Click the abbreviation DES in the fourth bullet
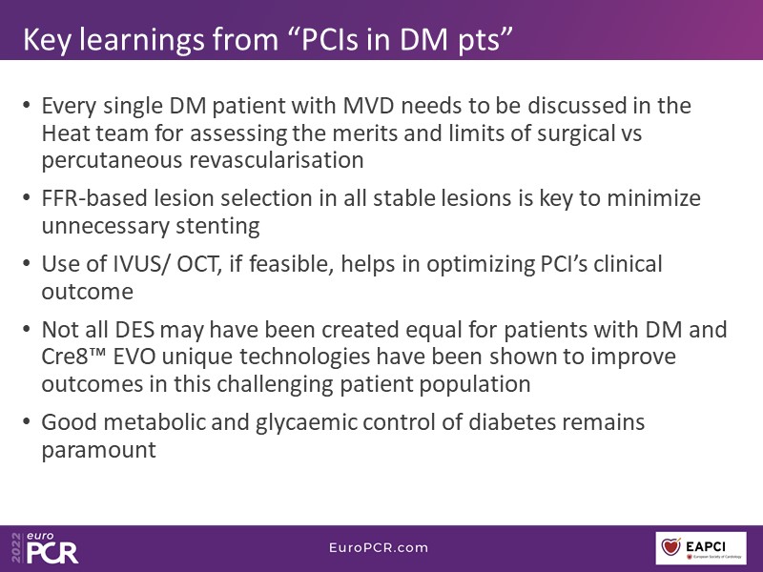134,330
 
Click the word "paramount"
99,450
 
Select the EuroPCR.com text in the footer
379,547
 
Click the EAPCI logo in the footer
701,548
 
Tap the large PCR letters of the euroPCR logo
52,553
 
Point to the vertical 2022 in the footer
16,547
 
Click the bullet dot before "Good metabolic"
27,421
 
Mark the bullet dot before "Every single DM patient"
27,105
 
